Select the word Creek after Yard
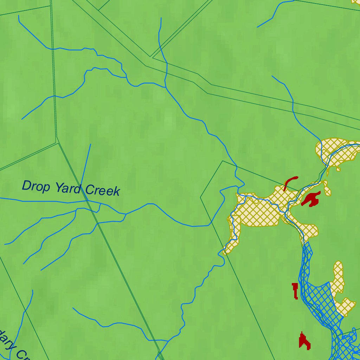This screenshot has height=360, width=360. [x=103, y=191]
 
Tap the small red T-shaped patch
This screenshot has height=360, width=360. [x=295, y=290]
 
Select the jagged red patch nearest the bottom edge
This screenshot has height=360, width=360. [x=304, y=341]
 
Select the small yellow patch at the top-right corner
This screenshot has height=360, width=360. [x=356, y=2]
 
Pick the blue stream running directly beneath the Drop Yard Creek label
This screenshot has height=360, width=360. [x=53, y=201]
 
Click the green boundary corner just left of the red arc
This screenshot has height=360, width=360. [x=223, y=161]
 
